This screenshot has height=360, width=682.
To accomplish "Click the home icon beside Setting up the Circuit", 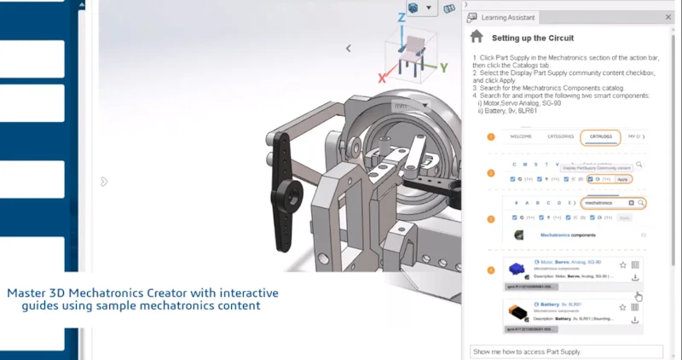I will point(477,38).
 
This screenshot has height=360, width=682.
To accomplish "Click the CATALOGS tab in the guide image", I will point(601,136).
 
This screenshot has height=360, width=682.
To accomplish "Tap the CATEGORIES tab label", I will point(560,136).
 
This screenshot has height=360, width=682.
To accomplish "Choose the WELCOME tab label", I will point(521,136).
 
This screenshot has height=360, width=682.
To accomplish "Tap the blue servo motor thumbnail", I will point(517,268).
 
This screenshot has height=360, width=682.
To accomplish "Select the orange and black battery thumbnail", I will point(517,312).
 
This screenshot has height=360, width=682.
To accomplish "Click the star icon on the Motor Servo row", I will point(622,264).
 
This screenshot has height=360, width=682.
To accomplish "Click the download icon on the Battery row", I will point(635,320).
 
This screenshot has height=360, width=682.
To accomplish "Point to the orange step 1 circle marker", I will point(490,137).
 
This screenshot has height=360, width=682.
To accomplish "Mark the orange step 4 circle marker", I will point(490,270).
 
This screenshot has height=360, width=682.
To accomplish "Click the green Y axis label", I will point(443,67).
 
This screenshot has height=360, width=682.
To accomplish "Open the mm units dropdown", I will point(410,106).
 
